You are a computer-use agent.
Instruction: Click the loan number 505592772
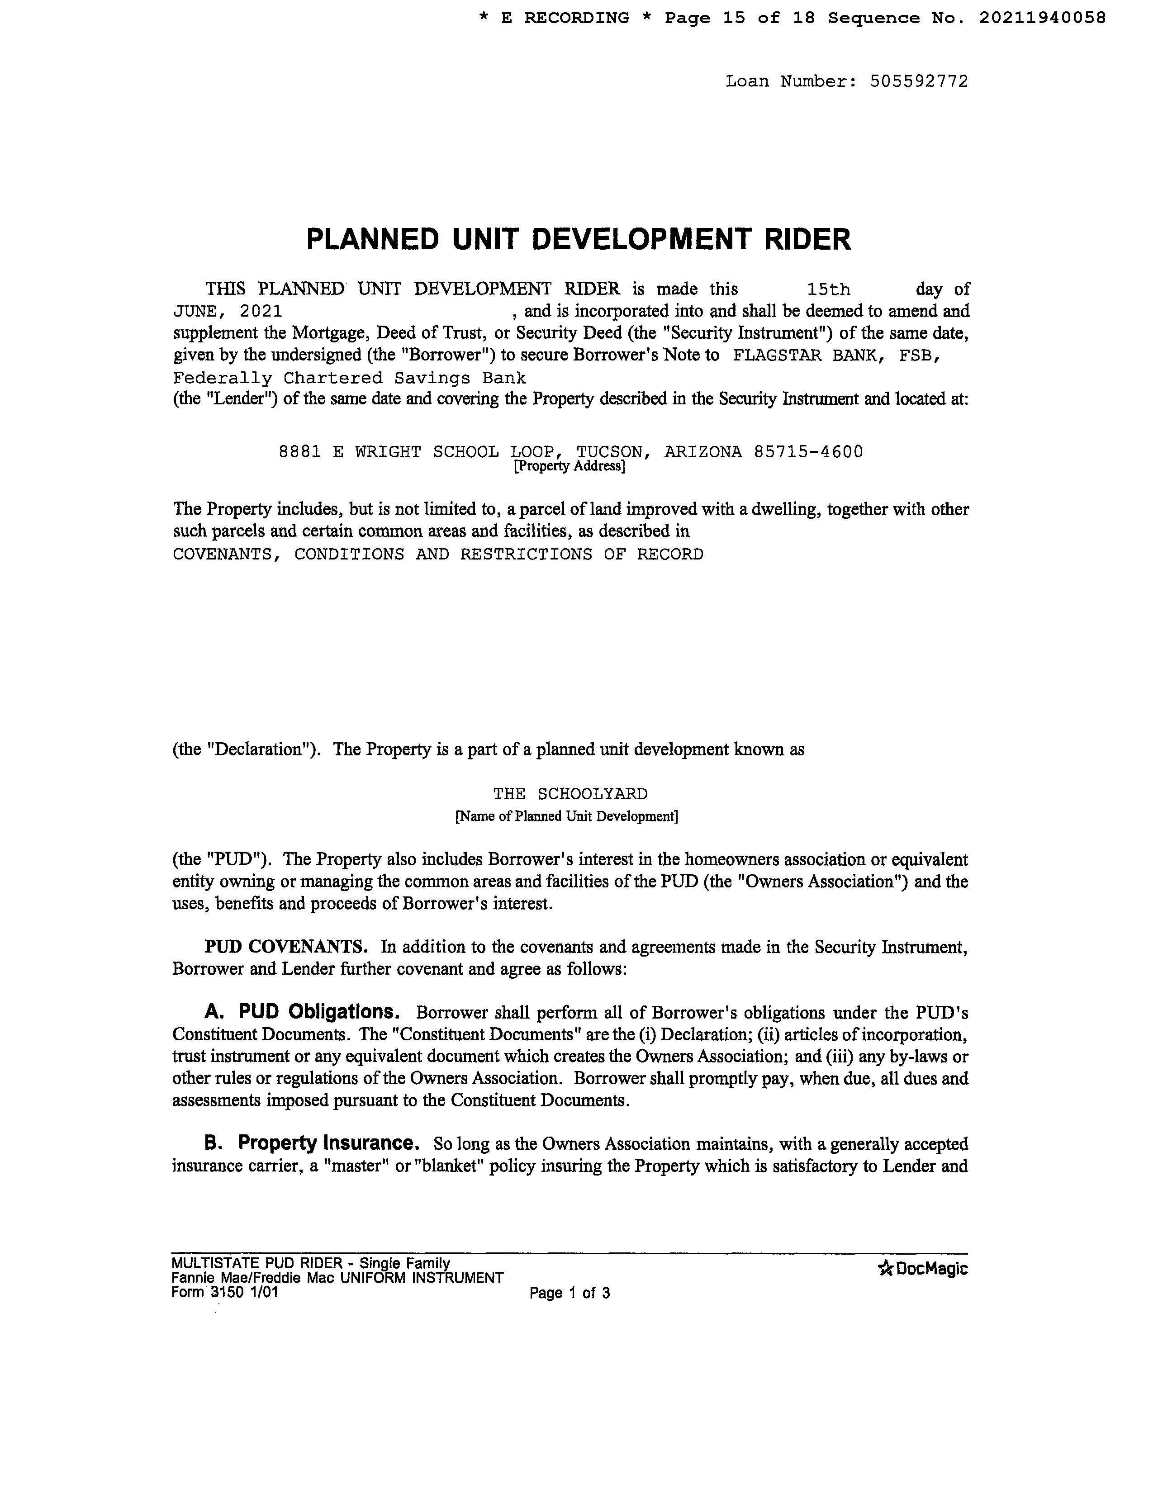[919, 81]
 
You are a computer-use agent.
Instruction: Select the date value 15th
[829, 289]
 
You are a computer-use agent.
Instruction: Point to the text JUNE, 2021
[227, 311]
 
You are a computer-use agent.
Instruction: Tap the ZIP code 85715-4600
[808, 452]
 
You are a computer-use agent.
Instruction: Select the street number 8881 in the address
[300, 452]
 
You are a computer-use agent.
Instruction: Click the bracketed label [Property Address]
[570, 466]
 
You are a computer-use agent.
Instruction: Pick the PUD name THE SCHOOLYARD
[570, 794]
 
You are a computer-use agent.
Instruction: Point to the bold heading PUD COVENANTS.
[286, 947]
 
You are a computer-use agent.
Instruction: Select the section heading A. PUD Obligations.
[302, 1012]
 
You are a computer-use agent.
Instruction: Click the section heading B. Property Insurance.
[312, 1143]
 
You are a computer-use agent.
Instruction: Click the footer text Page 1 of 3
[570, 1294]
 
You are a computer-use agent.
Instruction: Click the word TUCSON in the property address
[610, 452]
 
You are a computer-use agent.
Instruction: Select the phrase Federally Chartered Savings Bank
[349, 378]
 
